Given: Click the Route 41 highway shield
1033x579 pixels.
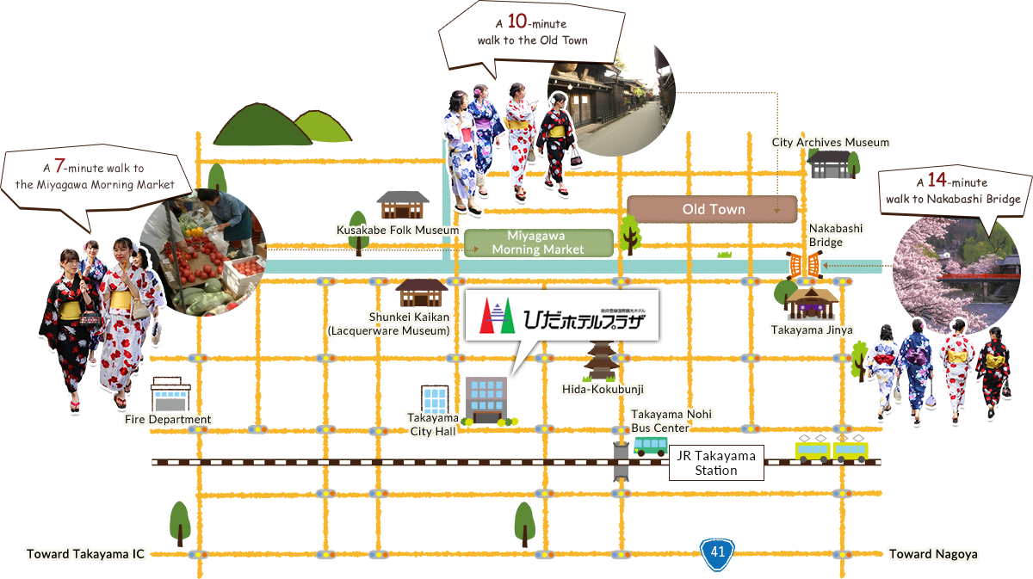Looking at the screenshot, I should (x=717, y=553).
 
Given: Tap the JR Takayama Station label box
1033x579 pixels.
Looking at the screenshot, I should (x=716, y=463).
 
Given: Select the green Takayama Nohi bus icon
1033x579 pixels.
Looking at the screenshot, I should (x=650, y=446).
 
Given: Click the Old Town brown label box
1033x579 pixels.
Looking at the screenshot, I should (x=713, y=209).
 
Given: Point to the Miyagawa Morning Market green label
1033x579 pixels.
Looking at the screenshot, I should (x=539, y=243).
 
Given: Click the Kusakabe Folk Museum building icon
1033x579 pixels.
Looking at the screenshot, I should (x=403, y=205).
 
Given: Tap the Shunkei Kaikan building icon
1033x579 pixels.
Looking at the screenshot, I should (x=419, y=293).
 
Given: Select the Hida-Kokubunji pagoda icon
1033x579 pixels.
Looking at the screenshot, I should (x=599, y=360).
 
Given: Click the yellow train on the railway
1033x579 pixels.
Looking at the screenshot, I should (x=832, y=450).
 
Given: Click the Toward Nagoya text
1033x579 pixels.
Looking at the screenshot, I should (x=933, y=554).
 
